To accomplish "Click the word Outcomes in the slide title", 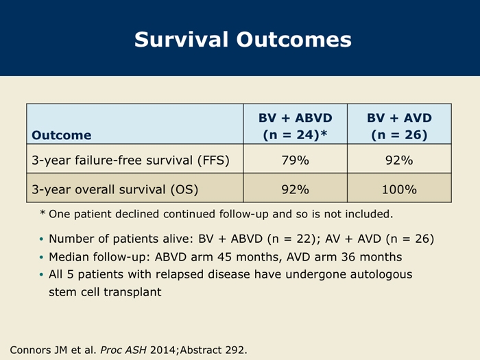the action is coord(294,40).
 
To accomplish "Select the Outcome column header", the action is coord(62,135).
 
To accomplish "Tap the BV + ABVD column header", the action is coord(296,126).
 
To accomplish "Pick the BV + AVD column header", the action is coord(399,126).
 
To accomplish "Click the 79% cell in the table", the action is coord(296,160).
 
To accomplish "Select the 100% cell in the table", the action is coord(399,189).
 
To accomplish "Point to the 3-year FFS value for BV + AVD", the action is coord(399,160).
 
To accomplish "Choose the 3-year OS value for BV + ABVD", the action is coord(296,189).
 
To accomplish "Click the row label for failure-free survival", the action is coord(131,160).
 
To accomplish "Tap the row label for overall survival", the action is coord(115,190).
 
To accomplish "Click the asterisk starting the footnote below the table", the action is coord(43,213).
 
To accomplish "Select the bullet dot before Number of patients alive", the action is coord(42,239).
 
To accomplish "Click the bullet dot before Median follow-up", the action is coord(42,257).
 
